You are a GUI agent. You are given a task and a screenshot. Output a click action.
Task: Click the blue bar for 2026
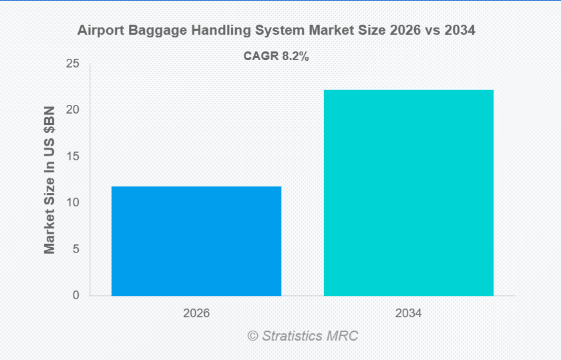[x=196, y=240]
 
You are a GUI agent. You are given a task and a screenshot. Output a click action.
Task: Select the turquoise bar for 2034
[x=409, y=192]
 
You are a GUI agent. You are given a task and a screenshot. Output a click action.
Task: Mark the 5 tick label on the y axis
[x=75, y=249]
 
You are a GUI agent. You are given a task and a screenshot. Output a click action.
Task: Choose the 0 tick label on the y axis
[x=75, y=295]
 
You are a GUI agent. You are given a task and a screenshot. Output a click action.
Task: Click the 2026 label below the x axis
[x=196, y=313]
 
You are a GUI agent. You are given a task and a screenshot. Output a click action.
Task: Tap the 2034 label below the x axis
[x=409, y=313]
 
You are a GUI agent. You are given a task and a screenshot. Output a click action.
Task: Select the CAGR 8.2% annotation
[x=276, y=57]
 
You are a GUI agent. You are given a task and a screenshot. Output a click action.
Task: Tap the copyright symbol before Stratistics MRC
[x=253, y=335]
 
